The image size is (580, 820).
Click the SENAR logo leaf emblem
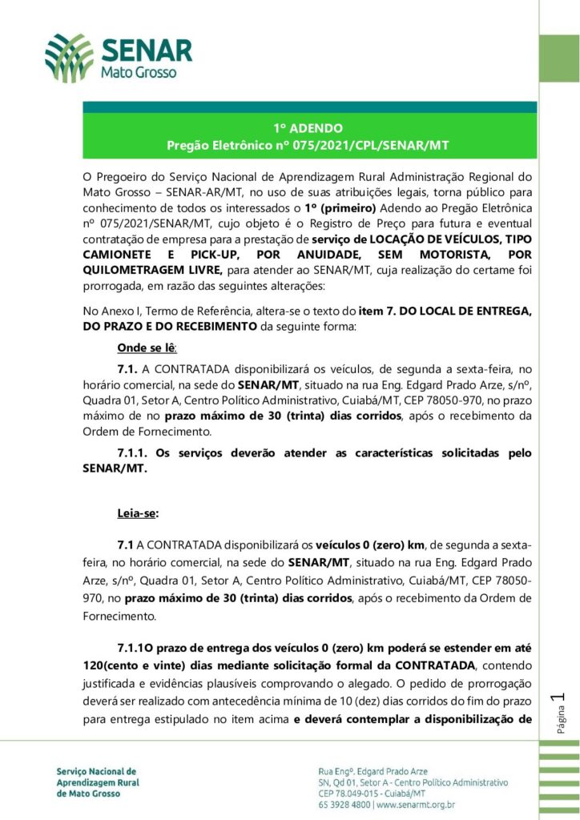[x=69, y=58]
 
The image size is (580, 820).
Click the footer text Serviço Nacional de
[x=96, y=771]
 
